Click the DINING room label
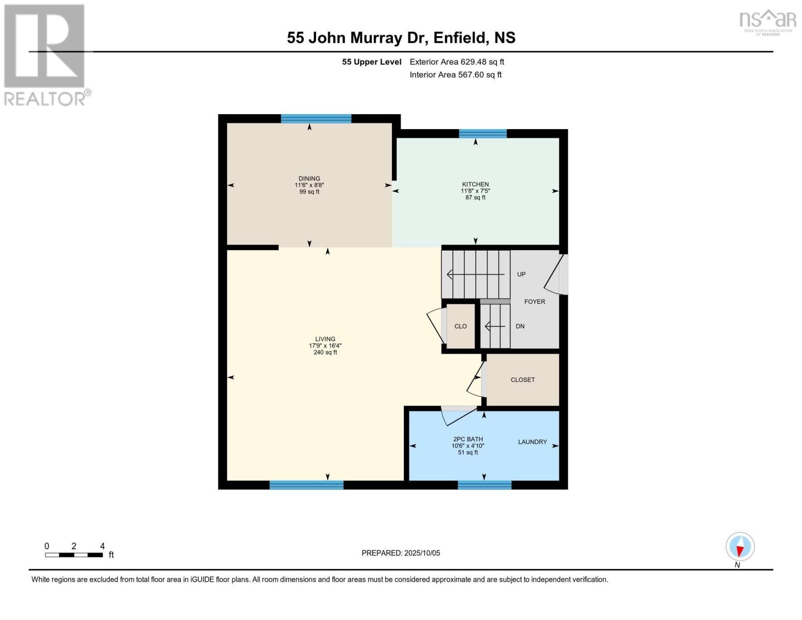click(309, 179)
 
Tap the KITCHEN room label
click(475, 184)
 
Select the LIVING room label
click(325, 339)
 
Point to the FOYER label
click(534, 302)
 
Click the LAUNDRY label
click(532, 442)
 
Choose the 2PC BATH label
click(468, 439)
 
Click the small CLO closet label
click(461, 327)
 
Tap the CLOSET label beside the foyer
click(523, 380)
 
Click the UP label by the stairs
click(521, 274)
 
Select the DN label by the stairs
click(520, 327)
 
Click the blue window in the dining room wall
click(316, 119)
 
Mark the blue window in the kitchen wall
click(483, 134)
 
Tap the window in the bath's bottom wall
click(484, 485)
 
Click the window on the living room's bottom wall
click(306, 485)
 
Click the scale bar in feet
click(74, 555)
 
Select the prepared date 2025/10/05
click(401, 553)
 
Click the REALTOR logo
click(45, 54)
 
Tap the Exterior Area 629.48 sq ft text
click(457, 62)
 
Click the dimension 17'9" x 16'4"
click(325, 346)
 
